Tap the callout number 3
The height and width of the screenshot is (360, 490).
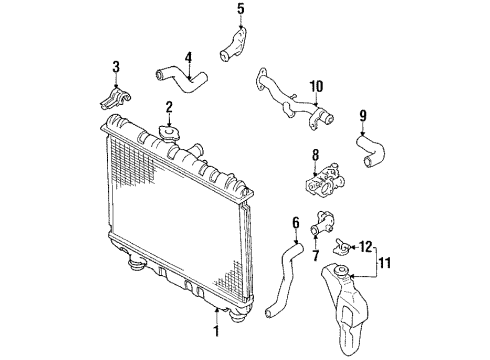point(116,67)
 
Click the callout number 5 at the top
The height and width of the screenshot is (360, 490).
point(239,10)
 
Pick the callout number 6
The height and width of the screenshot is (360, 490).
point(295,222)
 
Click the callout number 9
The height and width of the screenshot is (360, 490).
point(363,115)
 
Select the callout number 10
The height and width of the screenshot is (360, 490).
point(316,87)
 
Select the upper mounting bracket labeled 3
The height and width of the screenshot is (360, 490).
point(116,98)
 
